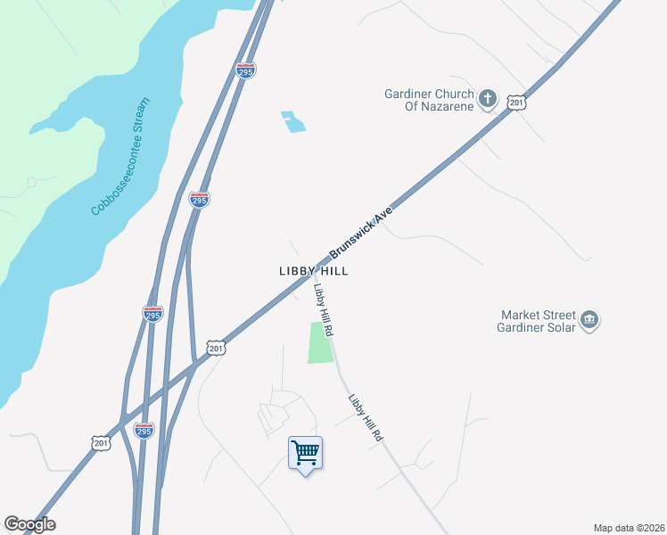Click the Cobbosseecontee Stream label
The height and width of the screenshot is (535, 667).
pyautogui.click(x=121, y=157)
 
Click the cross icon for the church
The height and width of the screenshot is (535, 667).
pyautogui.click(x=488, y=99)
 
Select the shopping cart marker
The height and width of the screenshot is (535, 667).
pyautogui.click(x=305, y=453)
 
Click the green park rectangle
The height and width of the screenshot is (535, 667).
pyautogui.click(x=320, y=342)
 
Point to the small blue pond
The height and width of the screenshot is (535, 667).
pyautogui.click(x=293, y=121)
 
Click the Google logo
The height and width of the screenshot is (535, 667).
pyautogui.click(x=29, y=524)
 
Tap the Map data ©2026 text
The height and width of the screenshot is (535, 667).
pyautogui.click(x=628, y=528)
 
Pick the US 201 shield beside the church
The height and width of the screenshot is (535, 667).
pyautogui.click(x=516, y=103)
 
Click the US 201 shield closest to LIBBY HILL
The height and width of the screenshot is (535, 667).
pyautogui.click(x=215, y=348)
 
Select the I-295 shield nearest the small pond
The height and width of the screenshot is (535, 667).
pyautogui.click(x=245, y=70)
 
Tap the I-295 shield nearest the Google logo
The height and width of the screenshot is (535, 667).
pyautogui.click(x=144, y=430)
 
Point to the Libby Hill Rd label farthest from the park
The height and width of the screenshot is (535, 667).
pyautogui.click(x=366, y=419)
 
